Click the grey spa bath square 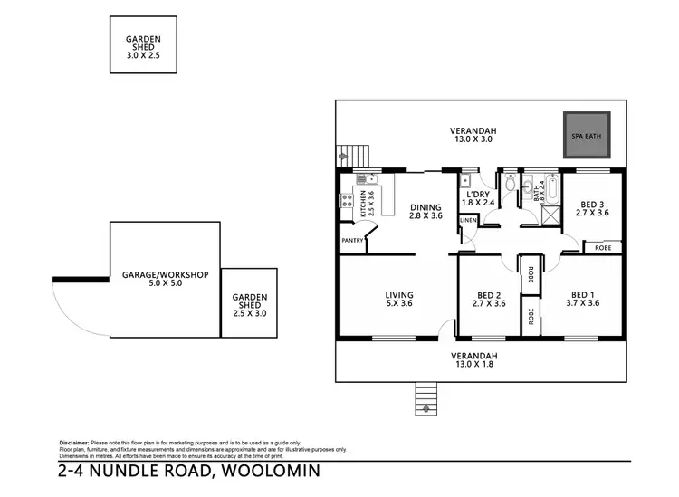coord(586,136)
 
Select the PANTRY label coord(352,241)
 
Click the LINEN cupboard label coord(468,220)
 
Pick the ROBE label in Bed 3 coord(602,246)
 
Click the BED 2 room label coord(490,294)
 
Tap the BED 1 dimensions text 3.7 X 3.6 coord(581,303)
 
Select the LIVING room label coord(398,295)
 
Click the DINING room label coord(426,206)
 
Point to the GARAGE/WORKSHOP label coord(166,274)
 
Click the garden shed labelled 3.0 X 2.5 coord(142,45)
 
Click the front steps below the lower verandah coord(424,399)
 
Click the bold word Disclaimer coord(77,442)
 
